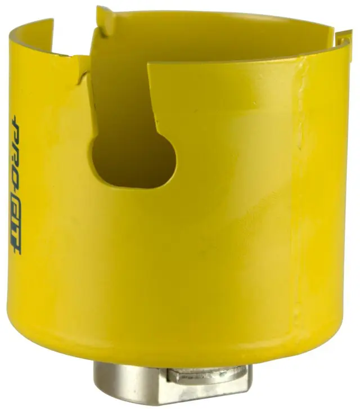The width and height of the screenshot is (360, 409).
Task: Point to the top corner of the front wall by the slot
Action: point(151,66)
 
